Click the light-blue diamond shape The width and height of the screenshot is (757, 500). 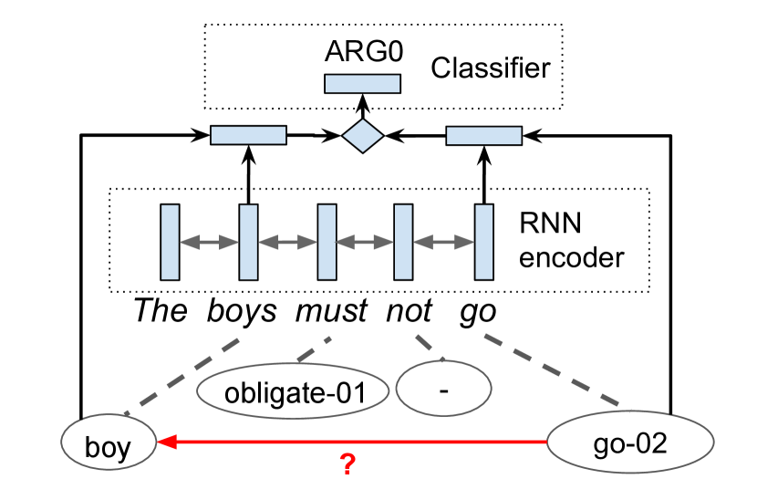click(x=363, y=136)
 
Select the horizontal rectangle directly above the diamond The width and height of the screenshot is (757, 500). click(x=362, y=84)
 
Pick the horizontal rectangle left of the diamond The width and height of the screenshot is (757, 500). click(x=248, y=135)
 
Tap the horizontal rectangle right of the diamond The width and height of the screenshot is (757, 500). click(x=483, y=136)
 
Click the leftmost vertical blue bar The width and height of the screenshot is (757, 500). click(x=170, y=242)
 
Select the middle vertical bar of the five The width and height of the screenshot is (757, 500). click(x=327, y=242)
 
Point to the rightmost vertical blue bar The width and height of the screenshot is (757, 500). click(x=483, y=242)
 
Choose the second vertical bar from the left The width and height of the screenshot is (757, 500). click(x=248, y=242)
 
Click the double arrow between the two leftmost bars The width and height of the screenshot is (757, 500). click(x=209, y=243)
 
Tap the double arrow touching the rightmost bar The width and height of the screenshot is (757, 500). click(x=443, y=243)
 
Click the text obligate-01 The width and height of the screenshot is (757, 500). click(x=295, y=394)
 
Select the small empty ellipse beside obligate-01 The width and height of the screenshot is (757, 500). click(x=443, y=388)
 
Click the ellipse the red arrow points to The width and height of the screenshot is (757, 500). click(x=109, y=442)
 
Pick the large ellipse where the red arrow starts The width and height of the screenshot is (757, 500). click(x=630, y=442)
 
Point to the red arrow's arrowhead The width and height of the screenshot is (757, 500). click(x=165, y=442)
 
